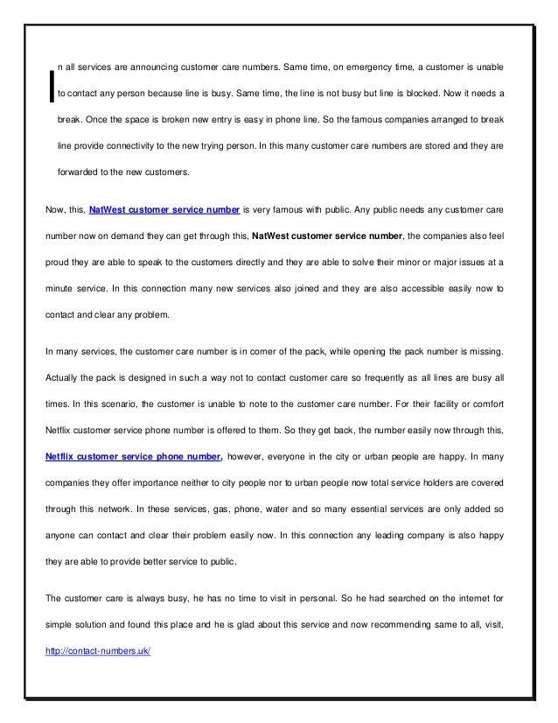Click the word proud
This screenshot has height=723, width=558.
[x=58, y=261]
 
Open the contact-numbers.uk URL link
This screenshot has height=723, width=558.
[x=98, y=649]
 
